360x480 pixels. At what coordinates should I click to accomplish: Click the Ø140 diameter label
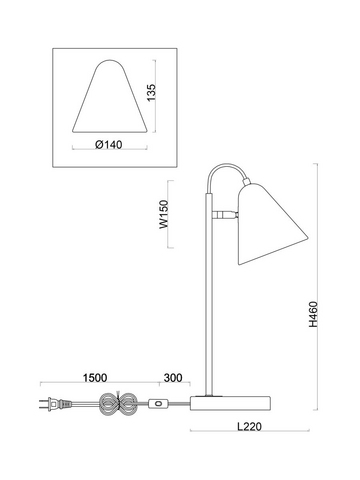pos(109,145)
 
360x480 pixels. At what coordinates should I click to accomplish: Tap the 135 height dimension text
pos(151,93)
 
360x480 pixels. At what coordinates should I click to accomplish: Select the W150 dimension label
pos(164,214)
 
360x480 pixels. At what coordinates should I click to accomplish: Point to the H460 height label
pos(313,314)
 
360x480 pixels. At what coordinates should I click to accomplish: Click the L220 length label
pos(249,426)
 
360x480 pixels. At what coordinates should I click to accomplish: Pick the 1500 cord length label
pos(95,378)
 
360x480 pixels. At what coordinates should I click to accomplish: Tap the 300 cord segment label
pos(173,378)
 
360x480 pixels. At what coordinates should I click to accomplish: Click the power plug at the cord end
pos(55,404)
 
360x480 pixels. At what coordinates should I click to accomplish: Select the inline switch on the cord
pos(158,404)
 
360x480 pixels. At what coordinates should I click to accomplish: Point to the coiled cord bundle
pos(119,404)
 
